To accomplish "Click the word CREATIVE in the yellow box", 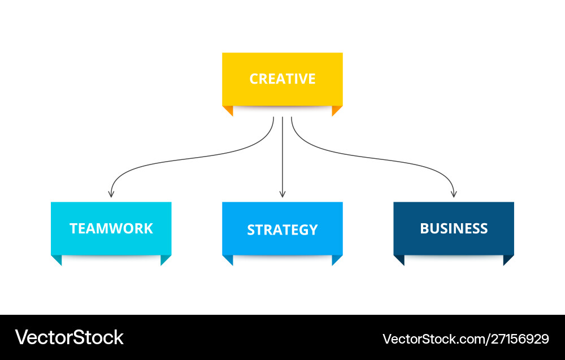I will tap(282, 79).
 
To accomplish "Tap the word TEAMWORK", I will tap(111, 228).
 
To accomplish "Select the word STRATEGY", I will tap(282, 230).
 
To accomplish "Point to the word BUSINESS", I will tap(454, 228).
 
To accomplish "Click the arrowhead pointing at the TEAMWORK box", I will tap(111, 194).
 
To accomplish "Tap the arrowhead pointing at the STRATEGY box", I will tap(282, 194).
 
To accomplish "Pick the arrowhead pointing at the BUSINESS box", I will tap(454, 194).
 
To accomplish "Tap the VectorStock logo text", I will tap(69, 337).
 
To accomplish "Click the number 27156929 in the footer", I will tap(520, 339).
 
